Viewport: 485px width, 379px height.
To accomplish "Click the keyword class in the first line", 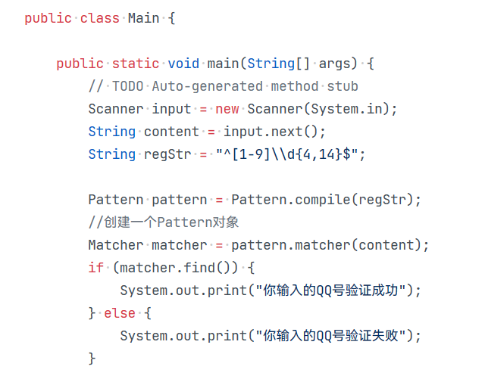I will coord(99,18).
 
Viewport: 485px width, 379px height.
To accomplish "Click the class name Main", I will coord(143,18).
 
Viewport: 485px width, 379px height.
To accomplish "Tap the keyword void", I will coord(183,64).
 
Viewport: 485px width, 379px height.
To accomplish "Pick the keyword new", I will coord(227,109).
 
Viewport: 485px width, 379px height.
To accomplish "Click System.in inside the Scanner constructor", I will coord(351,109).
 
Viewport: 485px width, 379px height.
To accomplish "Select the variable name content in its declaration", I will coord(171,132).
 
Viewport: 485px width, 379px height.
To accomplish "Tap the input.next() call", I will coord(274,132).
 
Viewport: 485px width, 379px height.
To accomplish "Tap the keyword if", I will coord(95,268).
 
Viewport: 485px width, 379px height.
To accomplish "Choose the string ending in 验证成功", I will coord(334,290).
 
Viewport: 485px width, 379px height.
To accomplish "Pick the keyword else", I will coord(120,313).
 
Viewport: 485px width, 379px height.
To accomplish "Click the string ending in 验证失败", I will coord(334,336).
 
